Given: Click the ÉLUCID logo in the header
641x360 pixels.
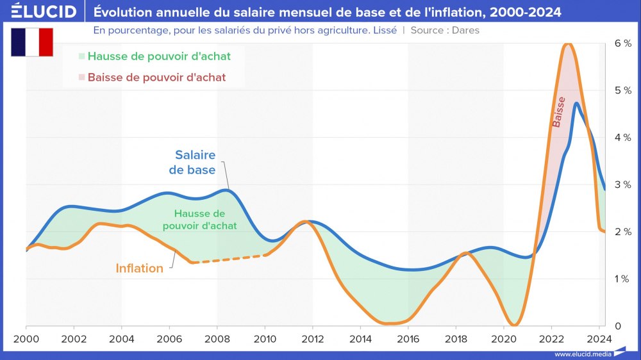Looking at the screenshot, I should coord(44,12).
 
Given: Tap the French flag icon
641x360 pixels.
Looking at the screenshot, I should coord(31,42).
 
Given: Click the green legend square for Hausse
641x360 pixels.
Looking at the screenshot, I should coord(81,56).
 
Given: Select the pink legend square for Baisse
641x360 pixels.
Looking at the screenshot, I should coord(81,78).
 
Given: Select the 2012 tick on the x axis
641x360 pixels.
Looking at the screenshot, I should coord(313,339).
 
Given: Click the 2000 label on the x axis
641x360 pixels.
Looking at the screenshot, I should coord(26,339).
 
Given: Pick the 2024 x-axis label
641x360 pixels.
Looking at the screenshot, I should coord(598,339).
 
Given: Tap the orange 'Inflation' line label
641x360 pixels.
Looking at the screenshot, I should coord(139,268).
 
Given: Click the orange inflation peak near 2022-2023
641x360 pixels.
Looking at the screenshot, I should coord(567,44).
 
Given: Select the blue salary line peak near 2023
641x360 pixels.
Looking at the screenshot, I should coord(577,103).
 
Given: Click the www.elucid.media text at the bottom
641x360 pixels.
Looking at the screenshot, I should coord(582,354).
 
